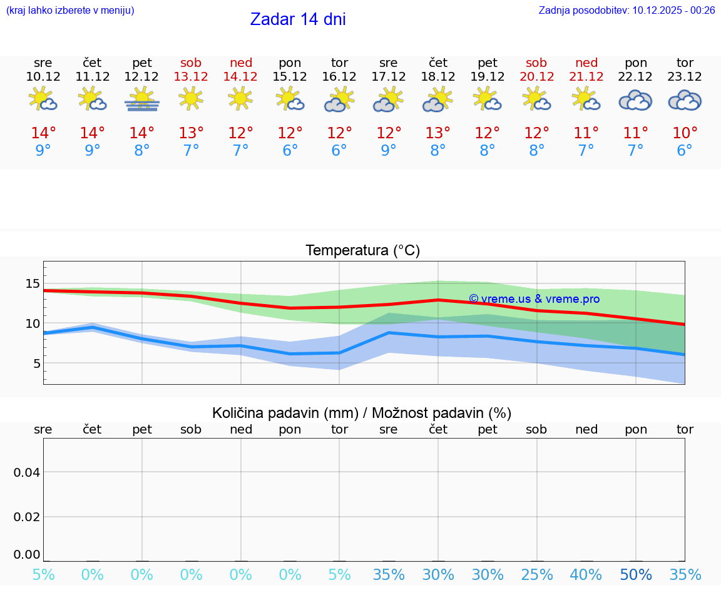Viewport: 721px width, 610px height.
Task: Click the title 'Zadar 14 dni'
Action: coord(298,19)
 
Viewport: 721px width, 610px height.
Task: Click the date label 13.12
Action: coord(191,77)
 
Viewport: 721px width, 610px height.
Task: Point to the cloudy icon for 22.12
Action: coord(635,100)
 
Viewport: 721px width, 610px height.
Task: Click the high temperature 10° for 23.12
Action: coord(685,133)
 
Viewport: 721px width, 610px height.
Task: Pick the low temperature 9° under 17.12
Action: coord(389,150)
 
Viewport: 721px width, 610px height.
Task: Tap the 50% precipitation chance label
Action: coord(636,575)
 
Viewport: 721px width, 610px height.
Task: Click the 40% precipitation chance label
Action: coord(586,575)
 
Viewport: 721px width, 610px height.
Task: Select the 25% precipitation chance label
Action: coord(536,575)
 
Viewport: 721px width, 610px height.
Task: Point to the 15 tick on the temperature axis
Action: coord(32,283)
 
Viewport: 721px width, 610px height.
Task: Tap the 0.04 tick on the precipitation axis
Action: coord(27,472)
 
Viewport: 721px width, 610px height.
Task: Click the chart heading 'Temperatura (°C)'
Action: coord(362,251)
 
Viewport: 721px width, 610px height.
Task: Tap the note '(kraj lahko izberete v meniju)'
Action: coord(70,10)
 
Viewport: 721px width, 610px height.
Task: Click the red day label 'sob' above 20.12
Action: coord(536,63)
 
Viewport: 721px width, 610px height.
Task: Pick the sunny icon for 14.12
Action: coord(240,98)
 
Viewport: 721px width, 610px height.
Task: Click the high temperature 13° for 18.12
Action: coord(437,133)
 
